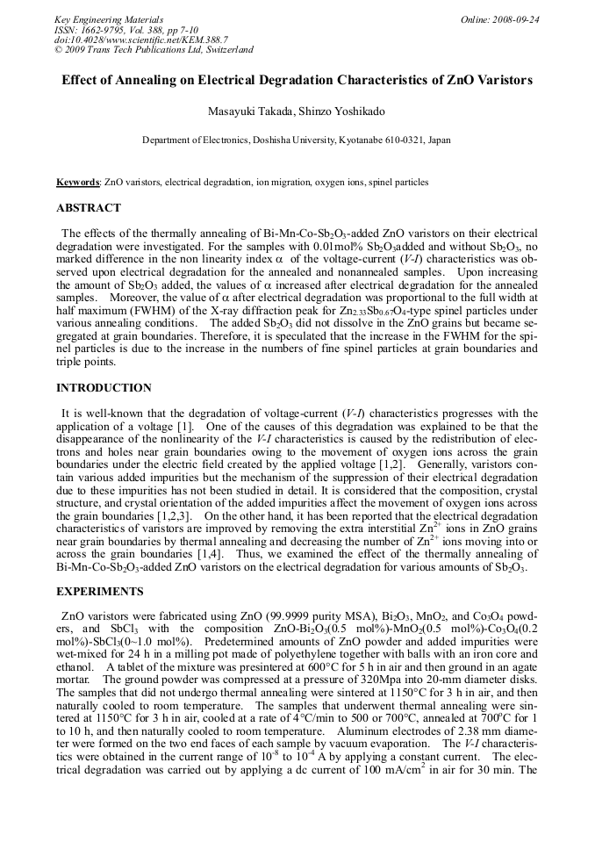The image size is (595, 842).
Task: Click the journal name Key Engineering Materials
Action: [108, 19]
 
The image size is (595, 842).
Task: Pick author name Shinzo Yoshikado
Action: [335, 112]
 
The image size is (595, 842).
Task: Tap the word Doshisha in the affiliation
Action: [269, 140]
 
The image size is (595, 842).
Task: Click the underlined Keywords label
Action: [77, 183]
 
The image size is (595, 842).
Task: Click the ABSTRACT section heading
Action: [89, 209]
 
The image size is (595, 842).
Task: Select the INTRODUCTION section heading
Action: [104, 388]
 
